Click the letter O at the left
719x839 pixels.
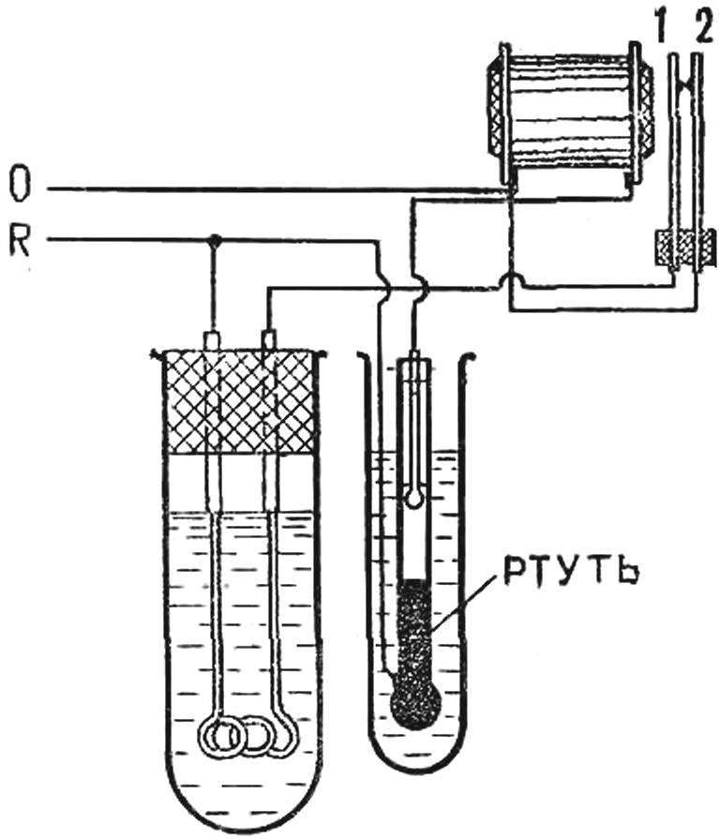pyautogui.click(x=21, y=185)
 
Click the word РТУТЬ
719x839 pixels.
pyautogui.click(x=570, y=573)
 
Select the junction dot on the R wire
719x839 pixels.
pyautogui.click(x=215, y=239)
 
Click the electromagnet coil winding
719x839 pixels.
pyautogui.click(x=569, y=113)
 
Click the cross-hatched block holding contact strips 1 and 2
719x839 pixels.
pyautogui.click(x=686, y=247)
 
